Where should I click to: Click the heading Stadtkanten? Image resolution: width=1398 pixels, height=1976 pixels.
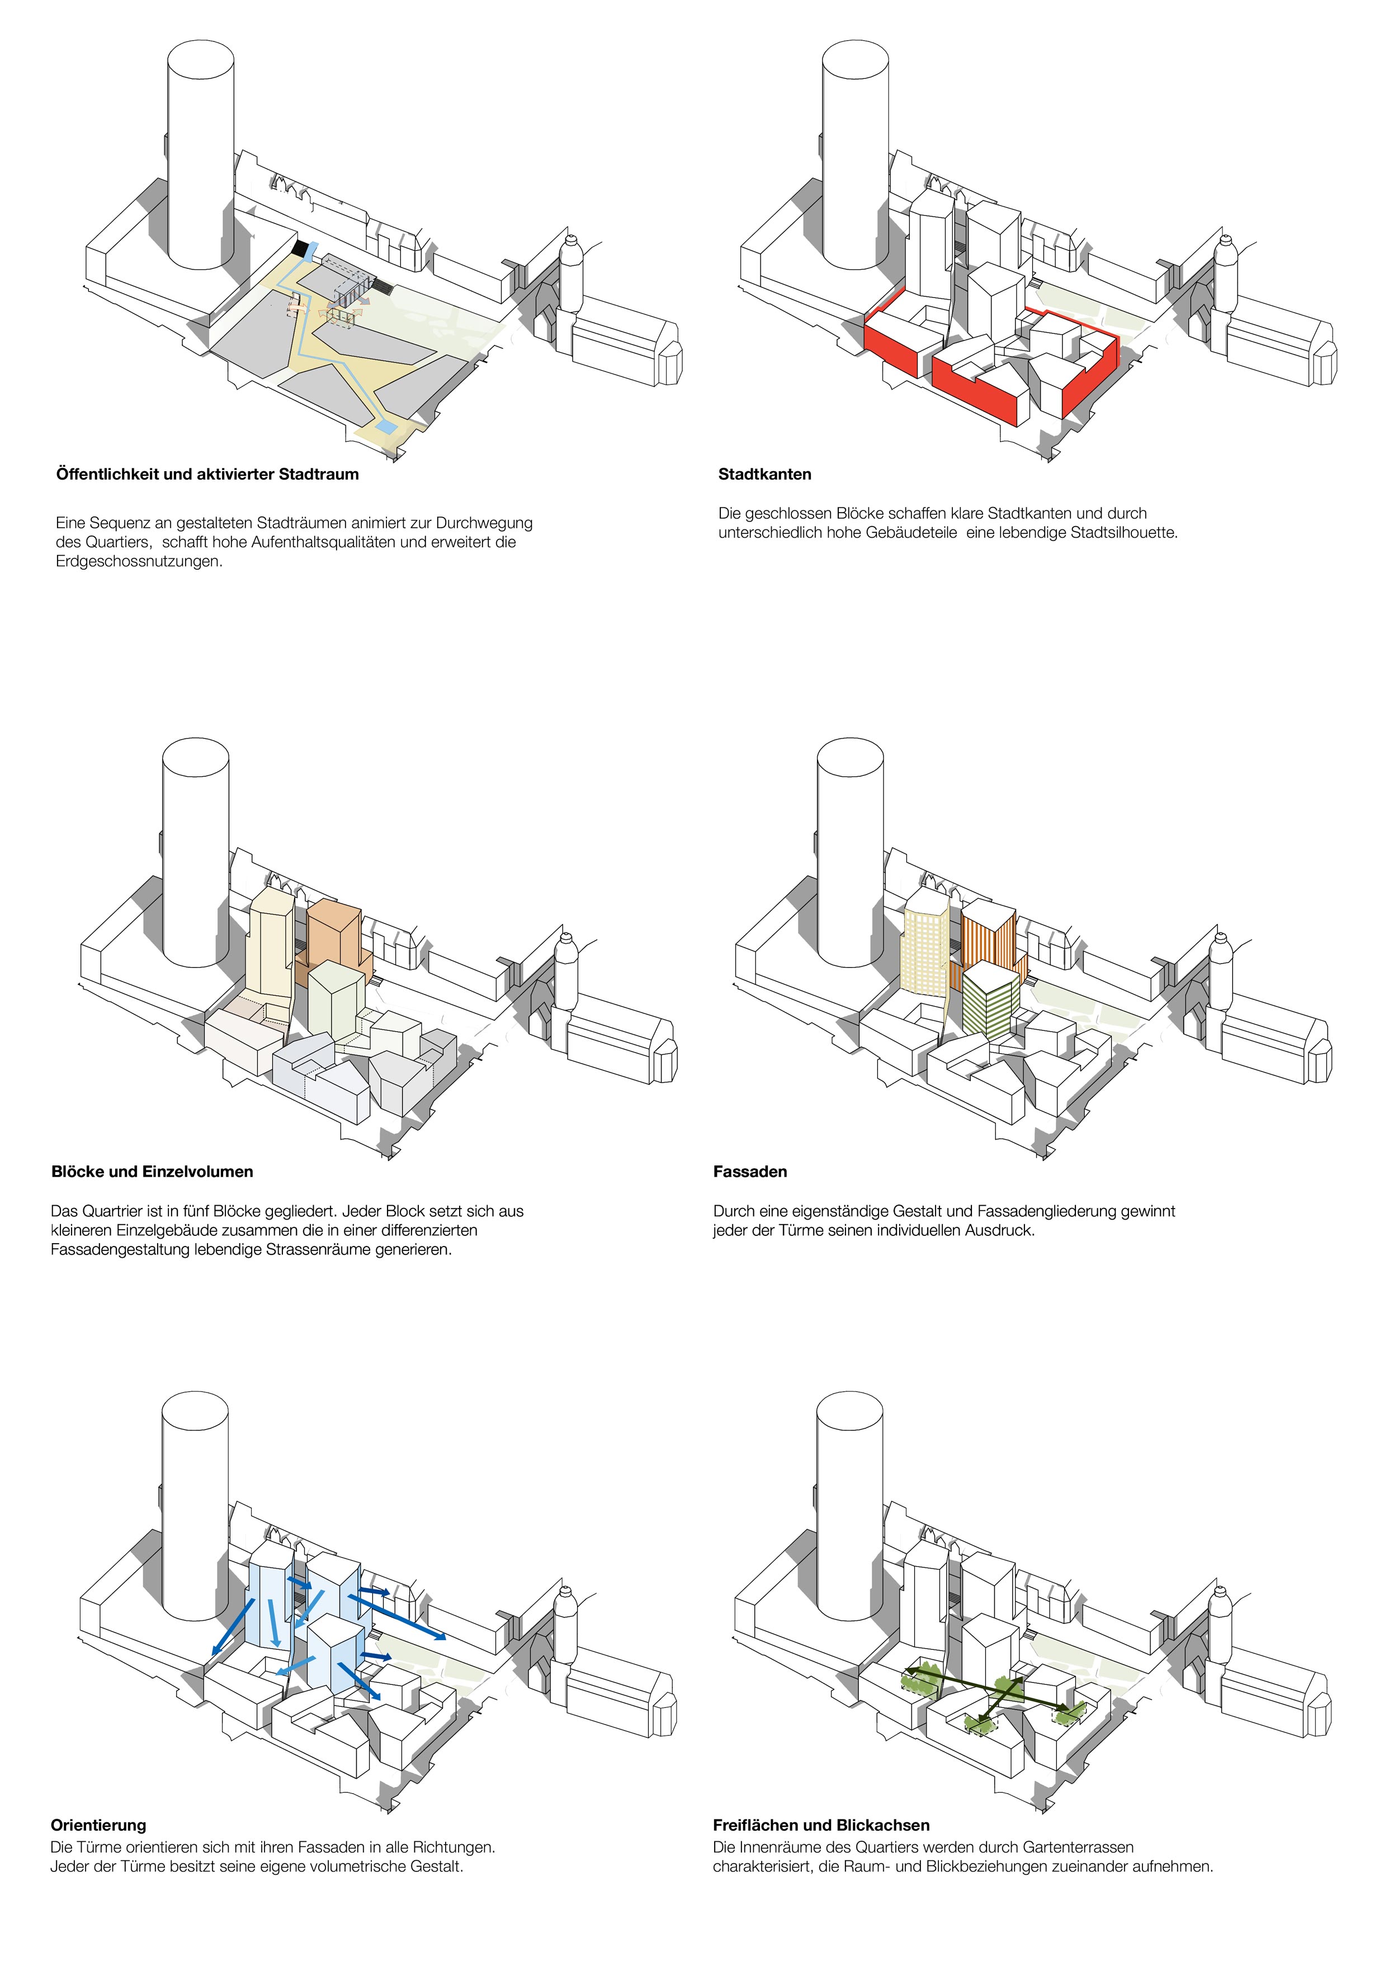[x=764, y=474]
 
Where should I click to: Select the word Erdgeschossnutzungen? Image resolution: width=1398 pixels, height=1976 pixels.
[x=139, y=561]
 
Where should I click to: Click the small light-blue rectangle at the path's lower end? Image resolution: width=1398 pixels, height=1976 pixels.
[x=388, y=426]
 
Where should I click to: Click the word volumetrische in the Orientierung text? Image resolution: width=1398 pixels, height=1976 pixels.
[x=352, y=1866]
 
